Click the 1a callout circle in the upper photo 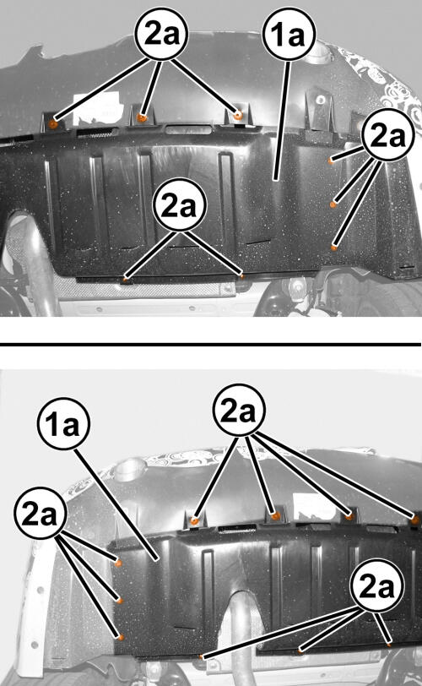[289, 34]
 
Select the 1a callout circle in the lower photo [64, 423]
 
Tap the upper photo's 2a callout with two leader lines [179, 204]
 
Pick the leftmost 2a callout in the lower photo [41, 513]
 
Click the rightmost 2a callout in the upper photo [388, 135]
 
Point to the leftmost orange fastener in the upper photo [53, 124]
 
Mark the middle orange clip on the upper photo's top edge [142, 117]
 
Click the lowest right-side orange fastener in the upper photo [333, 248]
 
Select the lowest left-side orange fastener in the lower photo [121, 637]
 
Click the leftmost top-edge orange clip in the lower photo [195, 520]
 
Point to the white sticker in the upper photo [96, 109]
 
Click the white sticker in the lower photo [315, 507]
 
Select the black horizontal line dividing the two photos [210, 345]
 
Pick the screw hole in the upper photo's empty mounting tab [321, 100]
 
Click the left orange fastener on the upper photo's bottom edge [126, 278]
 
